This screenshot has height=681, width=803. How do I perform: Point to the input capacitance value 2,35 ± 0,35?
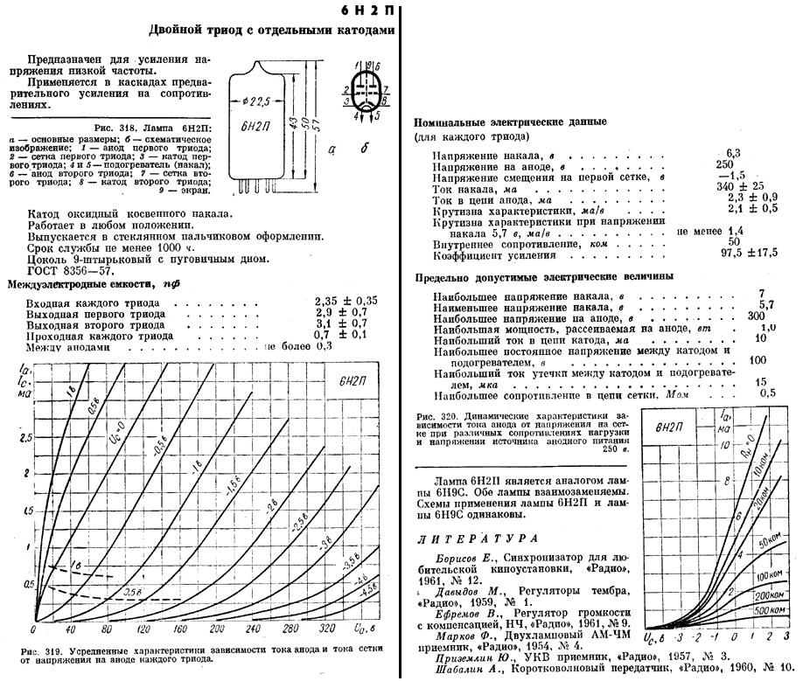click(x=346, y=302)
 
